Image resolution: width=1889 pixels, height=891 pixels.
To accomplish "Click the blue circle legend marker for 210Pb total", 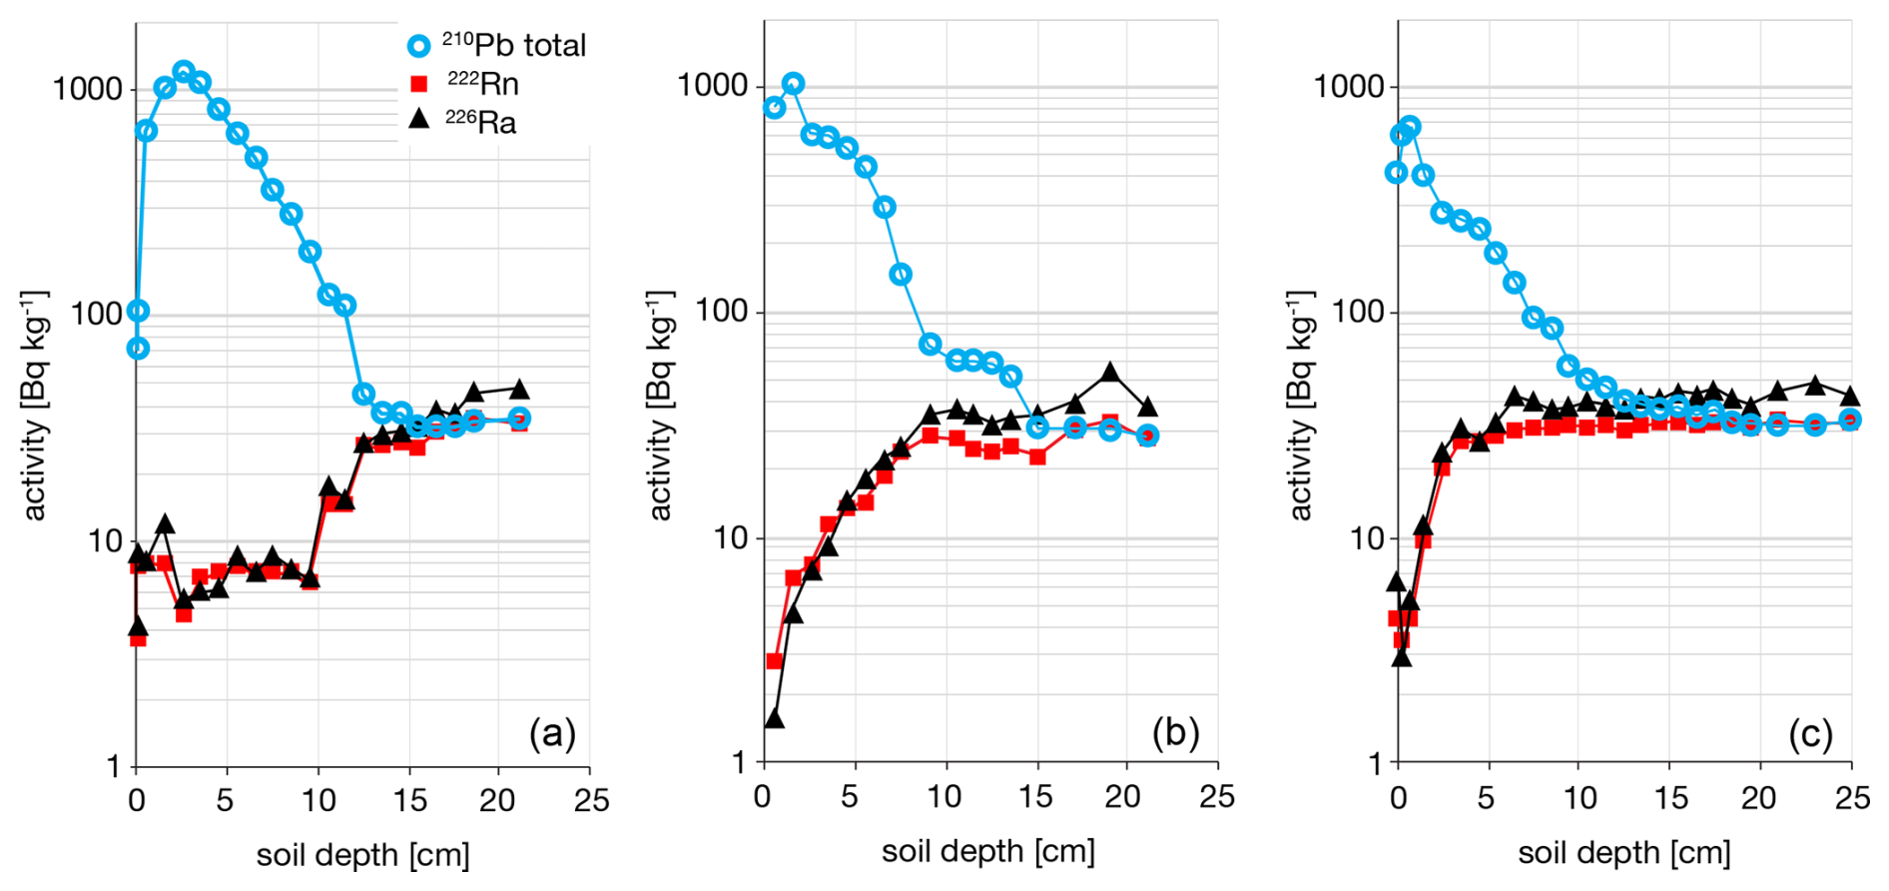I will point(420,46).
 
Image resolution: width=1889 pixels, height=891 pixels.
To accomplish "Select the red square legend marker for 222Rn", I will point(419,84).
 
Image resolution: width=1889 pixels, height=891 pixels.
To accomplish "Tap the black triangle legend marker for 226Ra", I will point(419,119).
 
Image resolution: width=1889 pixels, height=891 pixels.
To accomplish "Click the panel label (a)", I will point(552,734).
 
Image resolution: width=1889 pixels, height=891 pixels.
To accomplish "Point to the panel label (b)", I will point(1175,733).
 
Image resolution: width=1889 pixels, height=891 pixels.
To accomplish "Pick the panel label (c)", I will point(1810,734).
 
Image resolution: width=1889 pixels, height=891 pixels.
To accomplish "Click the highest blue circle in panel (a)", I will point(183,72).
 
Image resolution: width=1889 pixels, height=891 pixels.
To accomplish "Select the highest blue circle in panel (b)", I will point(793,84).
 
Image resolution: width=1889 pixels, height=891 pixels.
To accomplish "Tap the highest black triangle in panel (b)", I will point(1110,373).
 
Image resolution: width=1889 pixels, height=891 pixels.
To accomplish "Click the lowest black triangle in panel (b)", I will point(774,719).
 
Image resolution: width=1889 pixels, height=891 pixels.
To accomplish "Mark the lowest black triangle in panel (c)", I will point(1402,656).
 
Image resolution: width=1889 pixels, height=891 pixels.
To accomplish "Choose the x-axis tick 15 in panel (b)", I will point(1036,796).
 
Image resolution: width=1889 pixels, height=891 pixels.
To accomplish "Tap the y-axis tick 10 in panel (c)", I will point(1364,540).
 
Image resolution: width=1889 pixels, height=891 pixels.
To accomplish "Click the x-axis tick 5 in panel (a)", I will point(227,800).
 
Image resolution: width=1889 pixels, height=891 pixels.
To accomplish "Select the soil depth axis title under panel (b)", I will point(987,852).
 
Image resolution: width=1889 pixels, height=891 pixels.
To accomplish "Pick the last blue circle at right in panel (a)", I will point(519,419).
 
